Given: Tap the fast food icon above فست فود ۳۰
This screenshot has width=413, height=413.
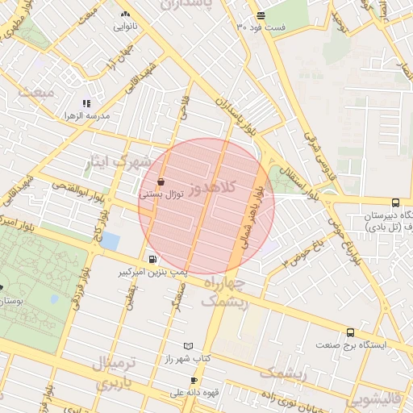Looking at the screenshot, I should point(260,15).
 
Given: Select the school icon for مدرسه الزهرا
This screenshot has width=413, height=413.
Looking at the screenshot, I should point(86,104).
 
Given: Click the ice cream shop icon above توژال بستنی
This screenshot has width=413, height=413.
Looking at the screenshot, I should point(162,182).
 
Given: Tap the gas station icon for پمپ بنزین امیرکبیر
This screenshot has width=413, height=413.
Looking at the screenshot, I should point(152,259).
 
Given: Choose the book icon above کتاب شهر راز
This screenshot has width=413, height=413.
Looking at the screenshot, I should point(189,345).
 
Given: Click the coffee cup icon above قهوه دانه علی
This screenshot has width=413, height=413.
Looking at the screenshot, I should point(194,381).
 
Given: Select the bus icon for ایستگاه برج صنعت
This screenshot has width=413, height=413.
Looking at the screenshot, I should point(350,332).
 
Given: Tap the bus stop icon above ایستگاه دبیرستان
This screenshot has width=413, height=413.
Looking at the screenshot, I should point(394,203).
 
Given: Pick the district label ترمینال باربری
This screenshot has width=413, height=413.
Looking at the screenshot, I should point(117,373).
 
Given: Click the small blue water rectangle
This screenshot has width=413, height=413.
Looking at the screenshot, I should point(110,241).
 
